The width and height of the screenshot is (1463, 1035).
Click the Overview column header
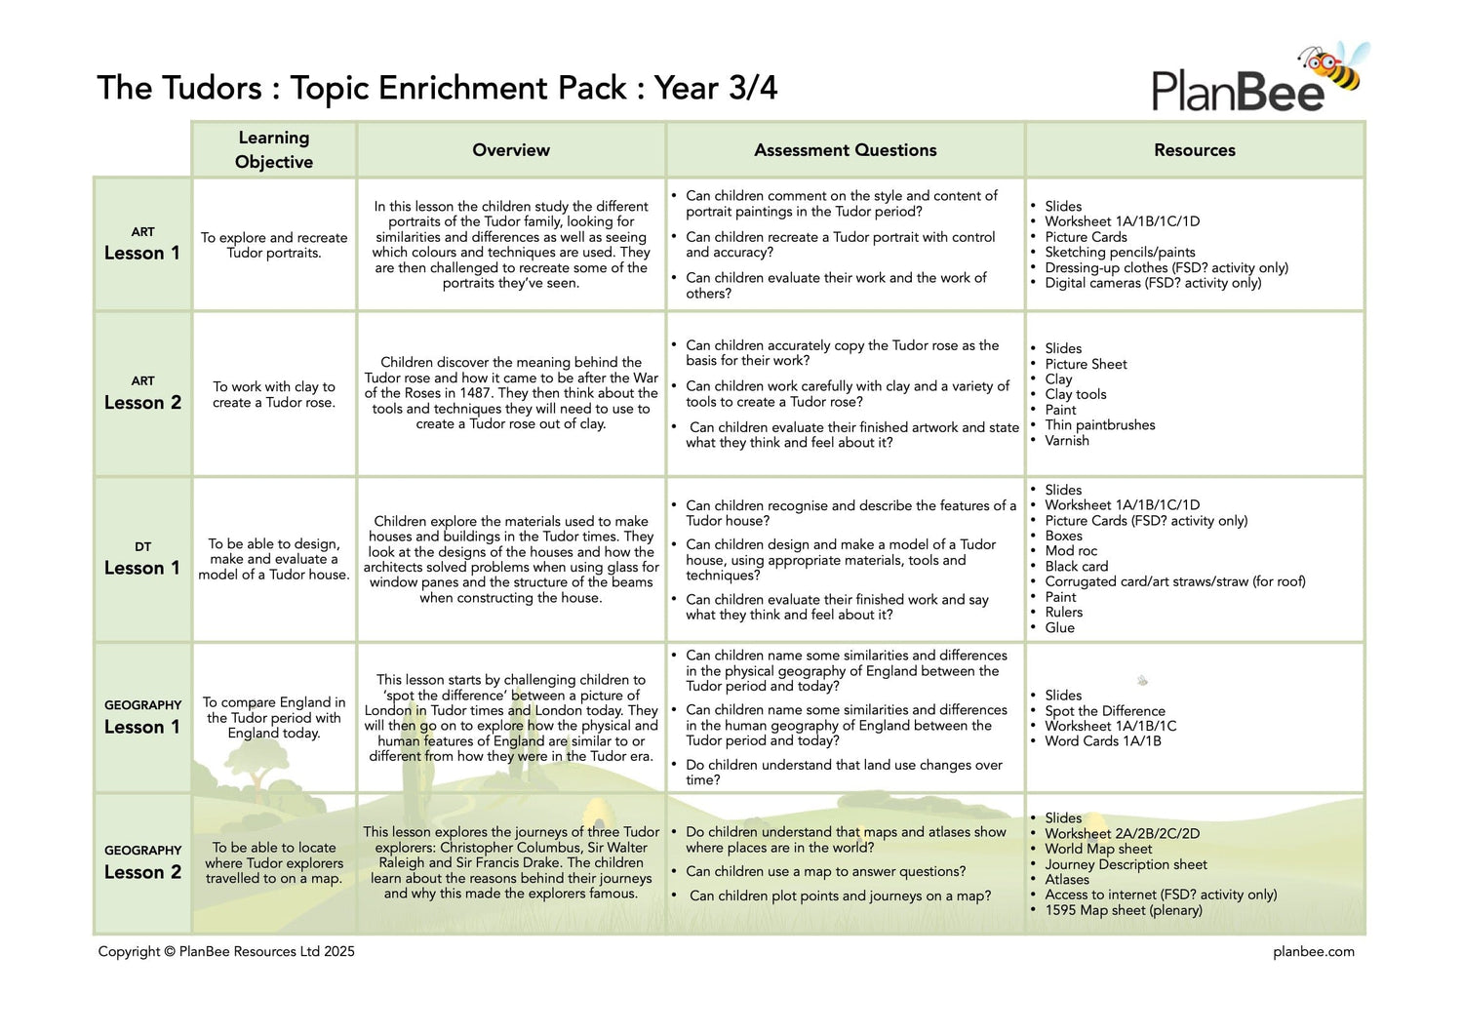(511, 150)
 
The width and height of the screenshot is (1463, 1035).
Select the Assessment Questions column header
(845, 150)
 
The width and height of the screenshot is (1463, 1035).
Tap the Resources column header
(1194, 150)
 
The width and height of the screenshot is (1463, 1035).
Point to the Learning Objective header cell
(274, 150)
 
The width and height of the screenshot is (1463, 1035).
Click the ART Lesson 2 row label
(142, 394)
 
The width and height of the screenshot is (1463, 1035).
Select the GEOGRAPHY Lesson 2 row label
(142, 863)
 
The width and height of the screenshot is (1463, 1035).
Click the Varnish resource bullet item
(1066, 441)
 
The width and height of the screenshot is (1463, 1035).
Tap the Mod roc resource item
(1071, 551)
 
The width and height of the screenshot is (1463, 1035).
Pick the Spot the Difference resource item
(1104, 711)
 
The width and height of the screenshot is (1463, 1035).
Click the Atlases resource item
(1066, 880)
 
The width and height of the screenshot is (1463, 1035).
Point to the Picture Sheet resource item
(1086, 364)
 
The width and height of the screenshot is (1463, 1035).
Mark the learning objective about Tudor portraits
(274, 245)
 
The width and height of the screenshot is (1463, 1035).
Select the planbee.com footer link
(1313, 952)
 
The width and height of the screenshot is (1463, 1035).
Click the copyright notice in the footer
(226, 952)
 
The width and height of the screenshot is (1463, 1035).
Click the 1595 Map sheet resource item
(1123, 910)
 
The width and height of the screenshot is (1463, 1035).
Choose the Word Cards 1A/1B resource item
(1102, 741)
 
